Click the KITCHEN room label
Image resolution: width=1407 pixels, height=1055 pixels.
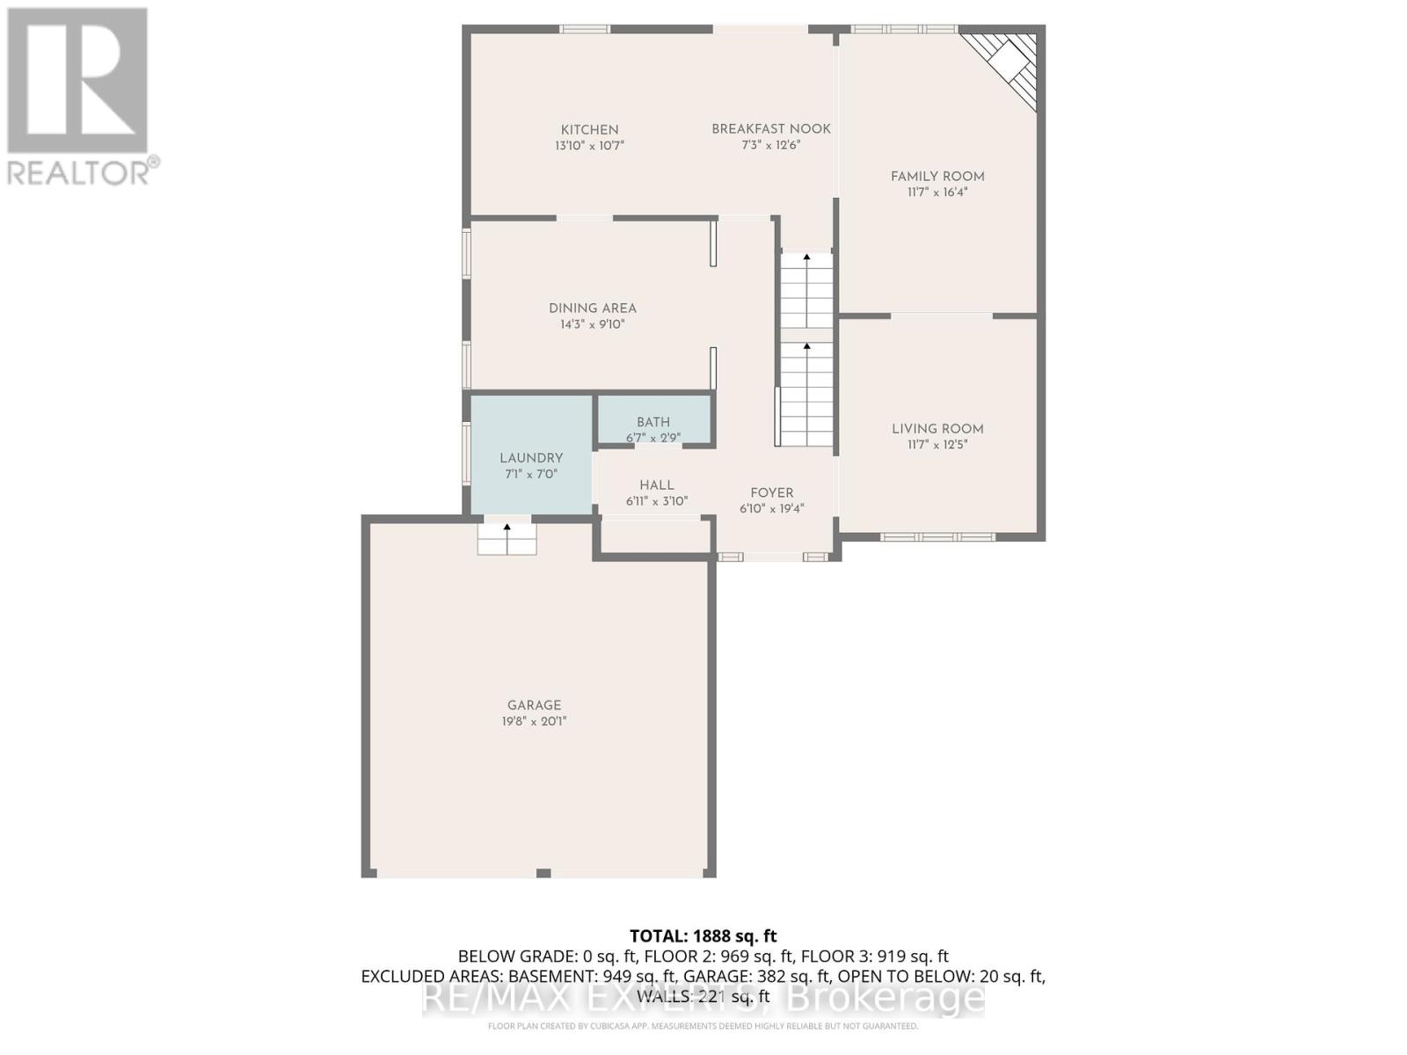[589, 130]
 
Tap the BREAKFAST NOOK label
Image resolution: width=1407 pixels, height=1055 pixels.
[770, 129]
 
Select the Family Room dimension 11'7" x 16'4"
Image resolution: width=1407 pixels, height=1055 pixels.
[937, 193]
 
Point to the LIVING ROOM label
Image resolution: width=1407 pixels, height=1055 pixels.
[937, 429]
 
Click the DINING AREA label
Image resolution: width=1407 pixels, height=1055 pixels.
[592, 309]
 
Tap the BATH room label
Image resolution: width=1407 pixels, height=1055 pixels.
[653, 422]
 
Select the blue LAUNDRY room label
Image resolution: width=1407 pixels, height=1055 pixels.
[531, 458]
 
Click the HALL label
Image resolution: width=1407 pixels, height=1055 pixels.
[657, 485]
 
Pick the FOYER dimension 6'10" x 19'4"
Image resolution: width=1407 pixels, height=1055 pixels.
[771, 509]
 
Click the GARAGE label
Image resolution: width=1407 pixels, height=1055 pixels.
[534, 705]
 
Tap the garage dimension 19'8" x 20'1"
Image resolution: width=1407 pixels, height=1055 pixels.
[534, 722]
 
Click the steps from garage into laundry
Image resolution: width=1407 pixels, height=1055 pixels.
[507, 539]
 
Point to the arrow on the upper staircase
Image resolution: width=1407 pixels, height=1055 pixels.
[806, 258]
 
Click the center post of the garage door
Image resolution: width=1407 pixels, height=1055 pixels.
[543, 873]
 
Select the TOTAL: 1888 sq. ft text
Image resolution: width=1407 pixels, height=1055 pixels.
[703, 936]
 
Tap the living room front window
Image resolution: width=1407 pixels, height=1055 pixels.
[937, 536]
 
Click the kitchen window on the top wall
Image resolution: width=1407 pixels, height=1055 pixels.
[586, 29]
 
